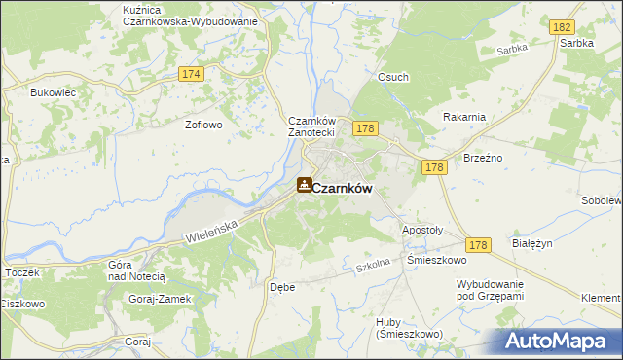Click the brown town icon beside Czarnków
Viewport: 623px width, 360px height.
pos(305,185)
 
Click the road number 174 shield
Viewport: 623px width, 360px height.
pos(191,74)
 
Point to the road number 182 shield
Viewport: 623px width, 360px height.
pos(561,29)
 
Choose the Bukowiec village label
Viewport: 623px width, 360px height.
pos(54,92)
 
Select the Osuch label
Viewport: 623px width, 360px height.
pos(393,77)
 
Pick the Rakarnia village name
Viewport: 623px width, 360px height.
pos(463,117)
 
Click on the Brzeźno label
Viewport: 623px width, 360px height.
pos(483,157)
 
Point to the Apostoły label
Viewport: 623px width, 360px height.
pos(422,230)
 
